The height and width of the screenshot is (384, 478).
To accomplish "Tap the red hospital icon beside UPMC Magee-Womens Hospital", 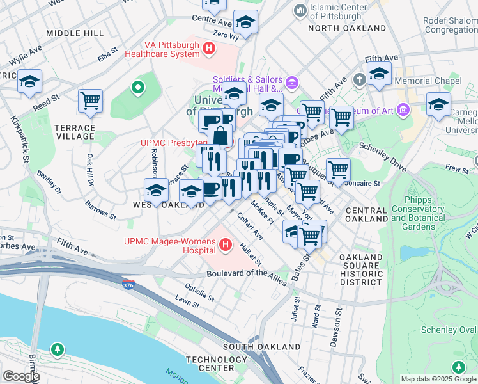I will click(x=225, y=244).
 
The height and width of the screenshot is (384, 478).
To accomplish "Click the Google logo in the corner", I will click(x=20, y=376).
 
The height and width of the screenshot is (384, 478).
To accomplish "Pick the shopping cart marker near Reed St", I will click(x=90, y=100).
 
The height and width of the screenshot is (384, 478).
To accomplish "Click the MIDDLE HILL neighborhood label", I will click(x=75, y=33).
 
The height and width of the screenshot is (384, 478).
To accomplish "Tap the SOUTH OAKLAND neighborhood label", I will click(x=261, y=347).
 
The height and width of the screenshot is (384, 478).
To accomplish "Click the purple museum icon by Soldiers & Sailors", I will click(x=292, y=83).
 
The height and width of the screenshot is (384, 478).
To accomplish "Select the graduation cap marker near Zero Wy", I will click(x=245, y=22).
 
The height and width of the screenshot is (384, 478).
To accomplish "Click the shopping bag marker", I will click(x=220, y=135).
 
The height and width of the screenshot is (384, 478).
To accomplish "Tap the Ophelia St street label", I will click(x=199, y=293).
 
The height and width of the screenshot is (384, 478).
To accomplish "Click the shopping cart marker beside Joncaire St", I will click(x=338, y=170).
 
